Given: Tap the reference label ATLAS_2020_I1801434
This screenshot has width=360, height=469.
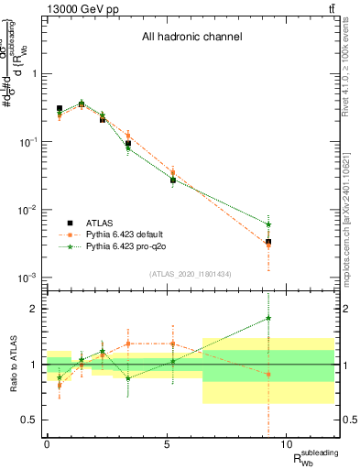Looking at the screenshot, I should pyautogui.click(x=190, y=274).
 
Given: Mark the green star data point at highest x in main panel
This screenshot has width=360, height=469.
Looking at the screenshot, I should pyautogui.click(x=268, y=224).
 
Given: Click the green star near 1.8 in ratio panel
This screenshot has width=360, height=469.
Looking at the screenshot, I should pyautogui.click(x=268, y=318).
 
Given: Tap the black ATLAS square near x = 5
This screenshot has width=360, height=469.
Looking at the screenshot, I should pyautogui.click(x=172, y=180).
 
